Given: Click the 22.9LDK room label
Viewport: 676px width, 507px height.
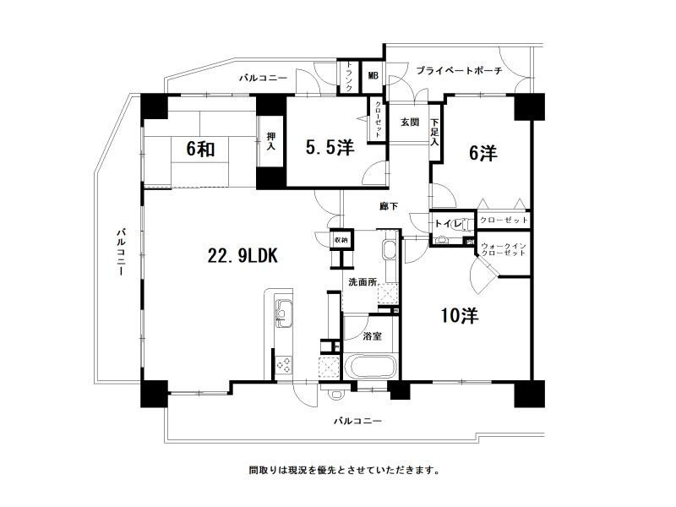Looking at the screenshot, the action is click(x=243, y=256).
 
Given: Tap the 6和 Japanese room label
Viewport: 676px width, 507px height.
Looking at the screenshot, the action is click(x=201, y=150).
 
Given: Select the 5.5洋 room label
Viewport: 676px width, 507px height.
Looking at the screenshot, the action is click(x=330, y=147).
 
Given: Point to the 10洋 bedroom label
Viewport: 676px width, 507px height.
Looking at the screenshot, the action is click(x=460, y=316).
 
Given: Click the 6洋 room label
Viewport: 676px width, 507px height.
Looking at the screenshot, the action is click(x=483, y=153).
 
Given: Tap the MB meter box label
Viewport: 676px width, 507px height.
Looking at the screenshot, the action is click(x=373, y=75).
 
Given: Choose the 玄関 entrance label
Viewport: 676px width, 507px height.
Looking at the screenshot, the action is click(x=410, y=122).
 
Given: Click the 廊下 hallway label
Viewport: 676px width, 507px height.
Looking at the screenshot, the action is click(x=389, y=207).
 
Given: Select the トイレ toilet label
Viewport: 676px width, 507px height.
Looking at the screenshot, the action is click(x=449, y=223).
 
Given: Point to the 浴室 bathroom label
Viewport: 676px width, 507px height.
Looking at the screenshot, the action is click(x=372, y=335).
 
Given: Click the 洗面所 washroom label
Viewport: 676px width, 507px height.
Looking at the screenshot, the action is click(x=363, y=282).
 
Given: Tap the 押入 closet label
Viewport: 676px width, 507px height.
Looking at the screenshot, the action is click(x=270, y=141).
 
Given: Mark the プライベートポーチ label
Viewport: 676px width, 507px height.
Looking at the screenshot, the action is click(x=459, y=71).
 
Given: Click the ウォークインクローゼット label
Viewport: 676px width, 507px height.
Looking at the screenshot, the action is click(x=504, y=249).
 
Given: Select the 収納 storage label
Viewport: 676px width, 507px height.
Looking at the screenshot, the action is click(x=341, y=240).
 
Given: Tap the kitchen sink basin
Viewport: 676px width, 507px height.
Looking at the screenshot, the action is click(x=283, y=313).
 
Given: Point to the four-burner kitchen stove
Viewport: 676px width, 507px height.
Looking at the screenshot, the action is click(x=284, y=366).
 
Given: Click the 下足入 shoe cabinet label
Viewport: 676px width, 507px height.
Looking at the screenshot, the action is click(x=435, y=133).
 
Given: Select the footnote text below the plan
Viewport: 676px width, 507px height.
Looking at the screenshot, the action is click(x=344, y=470).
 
